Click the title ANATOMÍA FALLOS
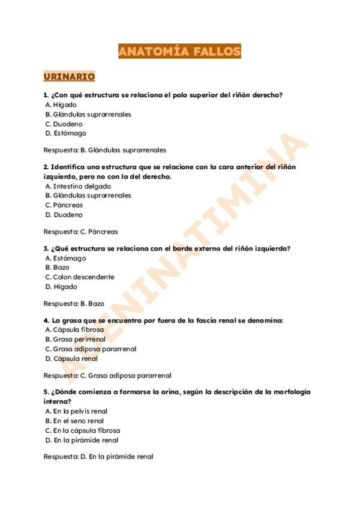179,51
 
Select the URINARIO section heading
69,77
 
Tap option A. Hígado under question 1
61,104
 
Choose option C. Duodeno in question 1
64,124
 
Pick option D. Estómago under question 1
66,133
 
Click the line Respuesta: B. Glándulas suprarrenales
105,150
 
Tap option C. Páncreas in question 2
64,205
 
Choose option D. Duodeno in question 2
64,215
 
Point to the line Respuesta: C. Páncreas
81,232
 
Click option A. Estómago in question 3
66,258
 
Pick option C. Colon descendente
80,277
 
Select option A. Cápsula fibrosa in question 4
75,330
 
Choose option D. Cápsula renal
72,359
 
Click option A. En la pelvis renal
77,411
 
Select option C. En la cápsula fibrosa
83,430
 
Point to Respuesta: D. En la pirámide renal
98,457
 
